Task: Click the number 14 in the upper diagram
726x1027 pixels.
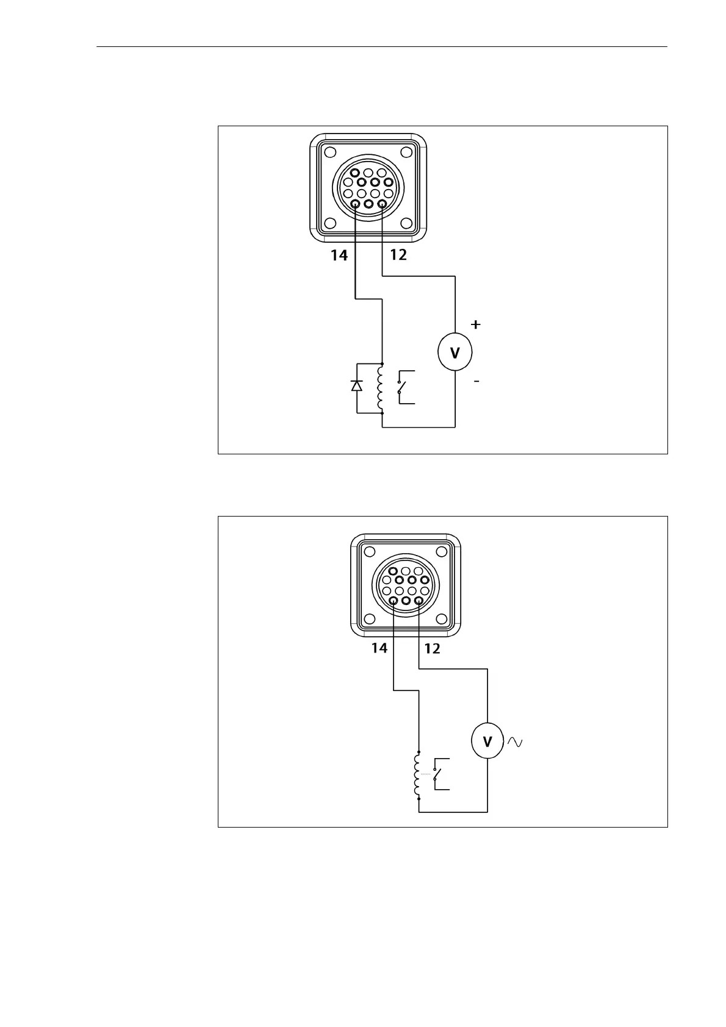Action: click(339, 255)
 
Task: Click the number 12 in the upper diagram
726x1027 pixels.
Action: click(398, 255)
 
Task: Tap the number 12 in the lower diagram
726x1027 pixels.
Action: click(432, 648)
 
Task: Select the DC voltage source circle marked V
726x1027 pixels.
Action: click(455, 352)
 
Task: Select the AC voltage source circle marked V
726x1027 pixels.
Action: click(487, 741)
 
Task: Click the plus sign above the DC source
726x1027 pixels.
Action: click(475, 324)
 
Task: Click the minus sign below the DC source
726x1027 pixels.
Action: click(476, 381)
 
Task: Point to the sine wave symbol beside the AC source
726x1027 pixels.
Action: click(514, 742)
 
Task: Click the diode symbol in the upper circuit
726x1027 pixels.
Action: click(357, 385)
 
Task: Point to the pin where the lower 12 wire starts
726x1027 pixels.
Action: click(419, 600)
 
